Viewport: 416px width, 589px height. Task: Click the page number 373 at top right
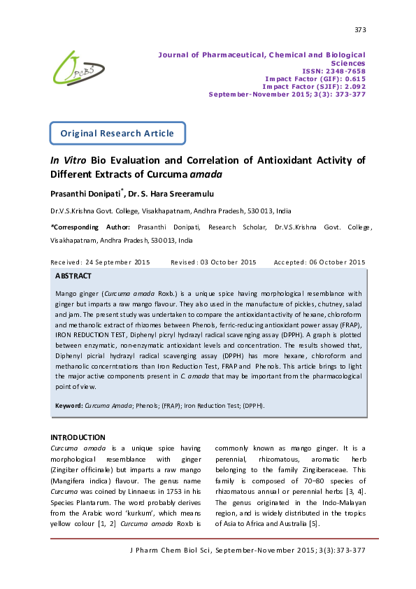coord(360,30)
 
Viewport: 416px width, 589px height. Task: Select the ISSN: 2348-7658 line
coord(333,71)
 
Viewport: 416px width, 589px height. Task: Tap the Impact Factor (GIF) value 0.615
coord(352,78)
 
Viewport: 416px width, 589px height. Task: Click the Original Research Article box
coord(117,132)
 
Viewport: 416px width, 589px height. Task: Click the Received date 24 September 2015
coord(101,262)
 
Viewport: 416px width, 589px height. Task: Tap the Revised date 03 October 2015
coord(213,262)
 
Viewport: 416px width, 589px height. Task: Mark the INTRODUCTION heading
coord(78,437)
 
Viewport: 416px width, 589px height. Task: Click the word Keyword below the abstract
coord(69,406)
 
